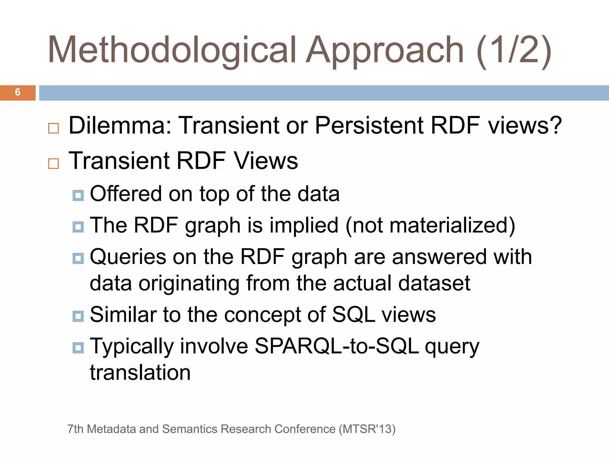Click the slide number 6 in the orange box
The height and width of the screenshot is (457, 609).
point(18,92)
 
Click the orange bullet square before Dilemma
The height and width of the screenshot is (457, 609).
point(54,128)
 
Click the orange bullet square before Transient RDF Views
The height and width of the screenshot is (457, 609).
point(54,163)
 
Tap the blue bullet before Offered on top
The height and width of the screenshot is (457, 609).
point(78,195)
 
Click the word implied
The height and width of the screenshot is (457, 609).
point(304,225)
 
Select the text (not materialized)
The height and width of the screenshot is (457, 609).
point(430,225)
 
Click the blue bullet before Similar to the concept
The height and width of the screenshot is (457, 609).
point(78,316)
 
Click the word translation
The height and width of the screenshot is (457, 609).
point(140,373)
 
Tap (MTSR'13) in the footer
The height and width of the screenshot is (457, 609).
point(367,429)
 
